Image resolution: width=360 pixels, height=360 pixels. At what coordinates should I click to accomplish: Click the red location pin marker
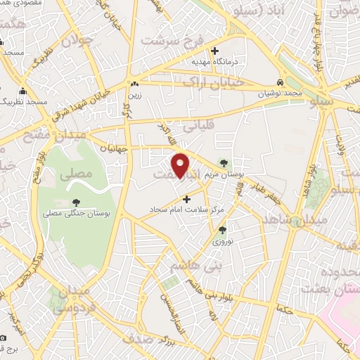coord(181,166)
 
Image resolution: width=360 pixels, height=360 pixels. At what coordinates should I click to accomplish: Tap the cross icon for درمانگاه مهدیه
coord(215,50)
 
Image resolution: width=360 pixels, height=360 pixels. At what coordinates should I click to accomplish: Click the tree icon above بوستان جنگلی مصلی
coord(75,201)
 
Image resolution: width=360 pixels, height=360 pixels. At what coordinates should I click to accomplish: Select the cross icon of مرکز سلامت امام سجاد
coord(186,198)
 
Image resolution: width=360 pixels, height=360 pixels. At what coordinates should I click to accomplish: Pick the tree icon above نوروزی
coord(223,229)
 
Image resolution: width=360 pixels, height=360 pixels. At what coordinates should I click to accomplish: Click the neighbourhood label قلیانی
coord(198,128)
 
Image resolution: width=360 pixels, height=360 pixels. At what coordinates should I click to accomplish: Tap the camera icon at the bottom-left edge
coord(3,337)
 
